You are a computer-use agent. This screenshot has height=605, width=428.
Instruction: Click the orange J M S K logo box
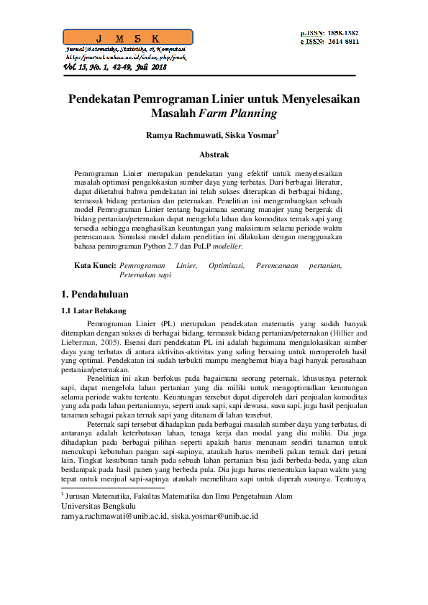(128, 37)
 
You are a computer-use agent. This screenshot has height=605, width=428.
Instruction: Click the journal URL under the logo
(127, 56)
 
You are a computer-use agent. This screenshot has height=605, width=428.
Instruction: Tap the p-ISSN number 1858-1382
(343, 33)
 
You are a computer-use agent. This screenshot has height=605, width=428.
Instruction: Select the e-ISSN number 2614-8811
(343, 42)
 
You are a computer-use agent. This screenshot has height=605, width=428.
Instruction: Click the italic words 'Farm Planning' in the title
(241, 113)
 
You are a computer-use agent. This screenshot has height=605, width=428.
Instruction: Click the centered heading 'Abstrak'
(214, 154)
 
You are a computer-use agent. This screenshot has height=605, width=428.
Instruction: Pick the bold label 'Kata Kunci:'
(95, 266)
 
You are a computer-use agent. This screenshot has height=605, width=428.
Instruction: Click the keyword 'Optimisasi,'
(227, 266)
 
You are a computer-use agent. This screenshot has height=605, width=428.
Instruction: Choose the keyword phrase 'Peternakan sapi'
(145, 274)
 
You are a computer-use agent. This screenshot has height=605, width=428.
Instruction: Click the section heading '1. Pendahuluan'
(94, 294)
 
